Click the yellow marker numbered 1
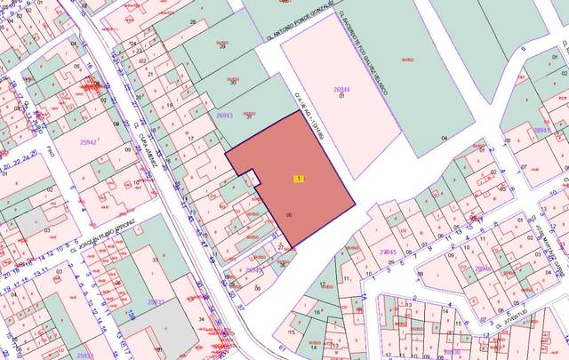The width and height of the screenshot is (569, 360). click(299, 179)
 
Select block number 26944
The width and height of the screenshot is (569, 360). click(342, 90)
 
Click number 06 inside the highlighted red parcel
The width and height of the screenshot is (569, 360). click(290, 215)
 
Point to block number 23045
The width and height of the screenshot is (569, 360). click(388, 252)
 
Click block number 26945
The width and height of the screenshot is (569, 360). click(541, 130)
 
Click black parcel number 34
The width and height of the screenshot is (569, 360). click(203, 319)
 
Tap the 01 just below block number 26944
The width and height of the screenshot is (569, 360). click(341, 96)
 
